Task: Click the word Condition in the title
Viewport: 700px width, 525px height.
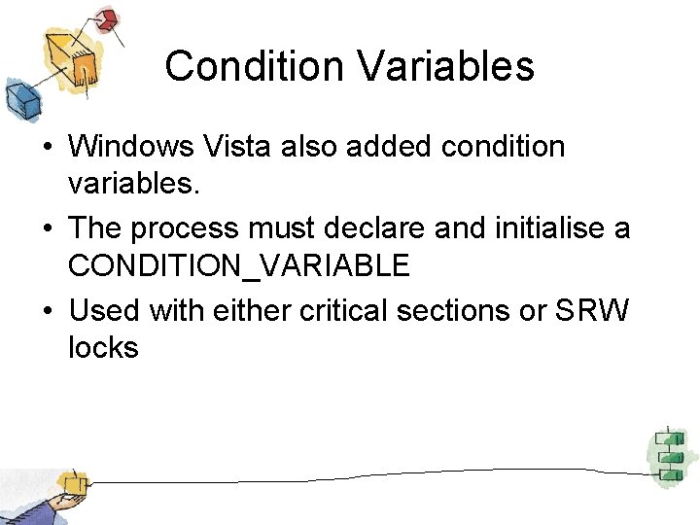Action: coord(254,66)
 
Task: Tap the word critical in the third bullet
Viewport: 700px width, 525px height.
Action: coord(346,311)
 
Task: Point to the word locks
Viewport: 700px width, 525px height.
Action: coord(104,347)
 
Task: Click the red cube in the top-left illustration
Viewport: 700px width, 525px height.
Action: coord(107,18)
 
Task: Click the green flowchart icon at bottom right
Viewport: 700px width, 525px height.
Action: coord(668,454)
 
